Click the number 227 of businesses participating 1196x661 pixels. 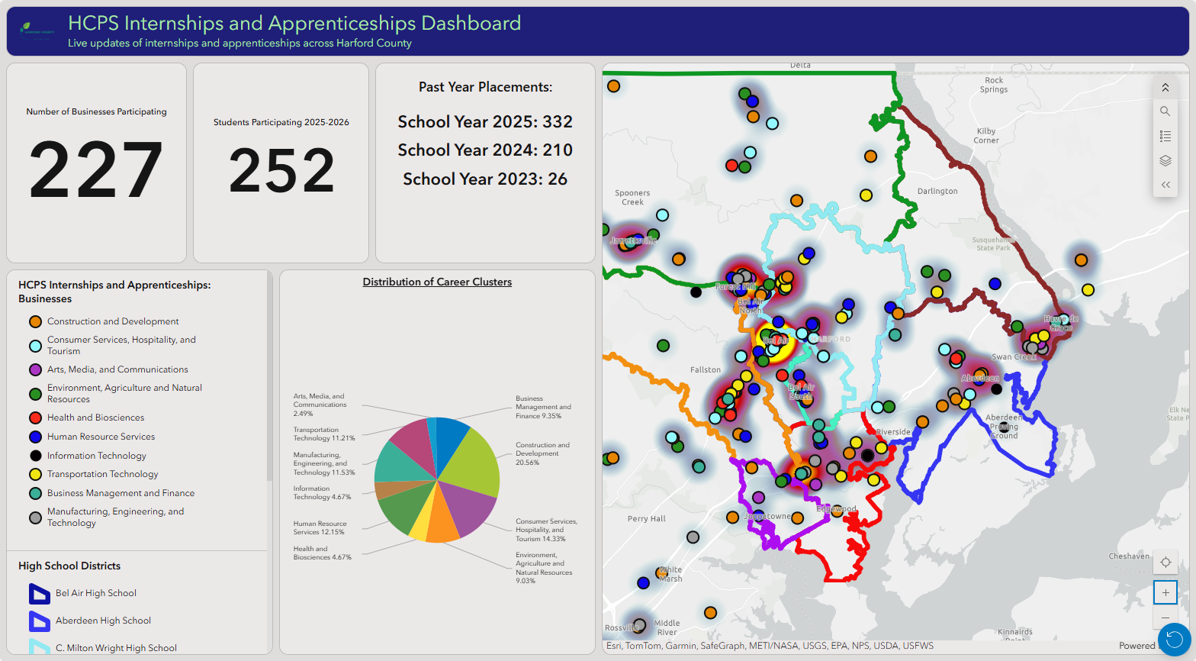point(96,169)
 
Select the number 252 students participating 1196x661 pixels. point(281,170)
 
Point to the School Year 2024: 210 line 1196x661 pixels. point(485,150)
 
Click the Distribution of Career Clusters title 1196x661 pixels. point(437,282)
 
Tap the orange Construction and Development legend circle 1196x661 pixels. point(35,322)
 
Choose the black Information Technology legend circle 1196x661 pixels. point(35,456)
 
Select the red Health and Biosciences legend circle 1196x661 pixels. point(35,418)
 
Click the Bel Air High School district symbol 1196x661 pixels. point(39,594)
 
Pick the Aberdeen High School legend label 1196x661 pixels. point(103,621)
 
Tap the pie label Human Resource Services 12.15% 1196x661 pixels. point(320,528)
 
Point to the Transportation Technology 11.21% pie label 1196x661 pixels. point(323,434)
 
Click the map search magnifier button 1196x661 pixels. point(1165,111)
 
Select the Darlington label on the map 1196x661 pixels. point(937,192)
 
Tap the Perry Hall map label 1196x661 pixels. point(647,519)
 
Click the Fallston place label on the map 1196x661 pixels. point(706,370)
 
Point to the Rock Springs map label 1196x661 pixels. point(994,85)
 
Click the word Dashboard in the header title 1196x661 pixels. point(471,24)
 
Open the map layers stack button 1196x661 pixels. point(1165,160)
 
